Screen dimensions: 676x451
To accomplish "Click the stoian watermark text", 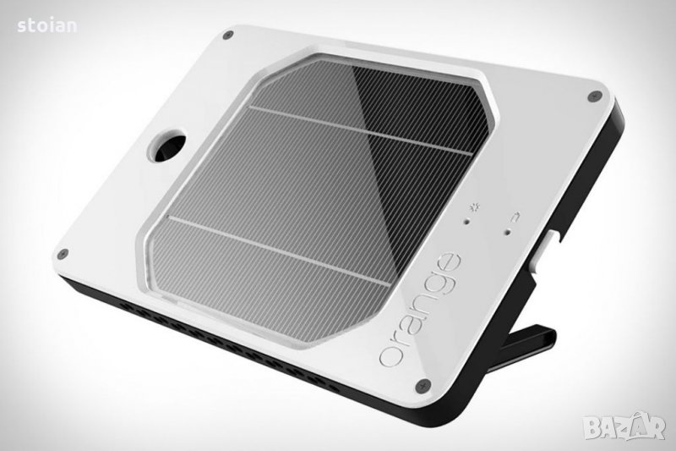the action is [x=47, y=26].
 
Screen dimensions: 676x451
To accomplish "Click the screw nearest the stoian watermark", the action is [x=229, y=35].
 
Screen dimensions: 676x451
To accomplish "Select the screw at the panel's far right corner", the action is [x=595, y=96].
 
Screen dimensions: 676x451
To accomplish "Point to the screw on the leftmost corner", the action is [x=63, y=253].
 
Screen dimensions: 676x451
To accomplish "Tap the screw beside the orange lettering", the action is [x=423, y=385].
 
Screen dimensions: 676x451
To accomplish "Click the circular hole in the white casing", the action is [x=167, y=145].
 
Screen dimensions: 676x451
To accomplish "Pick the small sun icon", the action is [x=477, y=208].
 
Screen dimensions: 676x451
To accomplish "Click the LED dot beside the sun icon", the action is [x=466, y=222].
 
